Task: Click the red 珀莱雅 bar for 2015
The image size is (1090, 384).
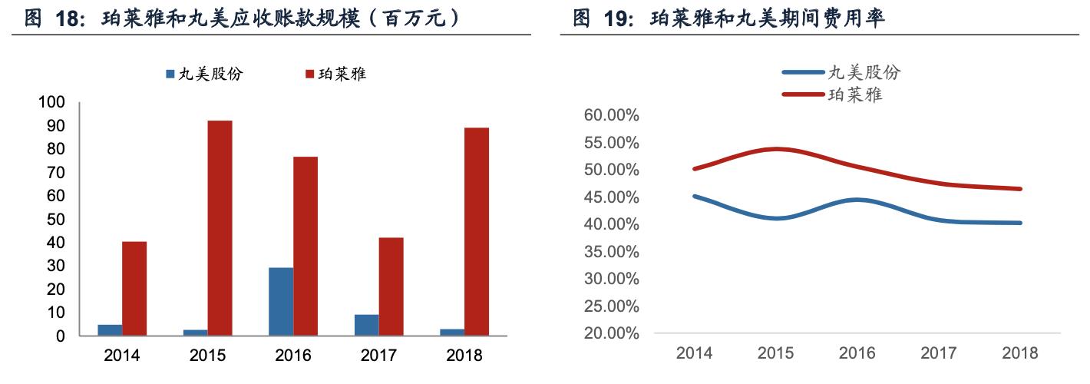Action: point(220,228)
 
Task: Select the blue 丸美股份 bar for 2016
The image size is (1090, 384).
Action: point(281,302)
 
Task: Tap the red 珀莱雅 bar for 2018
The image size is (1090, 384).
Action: point(477,232)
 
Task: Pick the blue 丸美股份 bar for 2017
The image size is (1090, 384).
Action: point(366,326)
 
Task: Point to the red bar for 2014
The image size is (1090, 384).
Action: point(134,289)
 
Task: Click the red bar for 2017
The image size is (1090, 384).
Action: point(391,286)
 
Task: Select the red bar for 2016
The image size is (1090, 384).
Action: point(306,246)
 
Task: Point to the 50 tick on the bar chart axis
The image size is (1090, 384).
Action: point(56,220)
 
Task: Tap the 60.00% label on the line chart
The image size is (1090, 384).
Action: point(611,115)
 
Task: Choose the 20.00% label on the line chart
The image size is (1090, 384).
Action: point(611,333)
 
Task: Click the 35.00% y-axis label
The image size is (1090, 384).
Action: point(611,251)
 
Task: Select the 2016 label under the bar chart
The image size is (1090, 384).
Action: point(292,356)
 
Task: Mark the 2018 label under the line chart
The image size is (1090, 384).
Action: point(1019,353)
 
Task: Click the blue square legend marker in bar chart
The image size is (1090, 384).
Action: point(171,74)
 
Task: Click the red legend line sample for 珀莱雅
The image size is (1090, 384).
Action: point(802,95)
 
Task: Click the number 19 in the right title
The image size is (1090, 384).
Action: point(618,18)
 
